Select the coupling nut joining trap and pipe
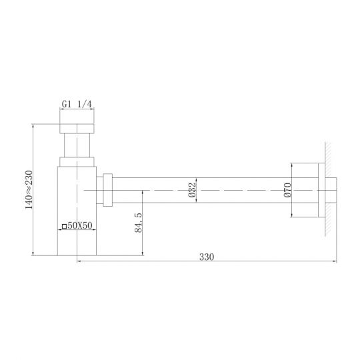tap(107, 190)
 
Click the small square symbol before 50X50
tap(64, 227)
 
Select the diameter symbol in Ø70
tap(287, 198)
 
